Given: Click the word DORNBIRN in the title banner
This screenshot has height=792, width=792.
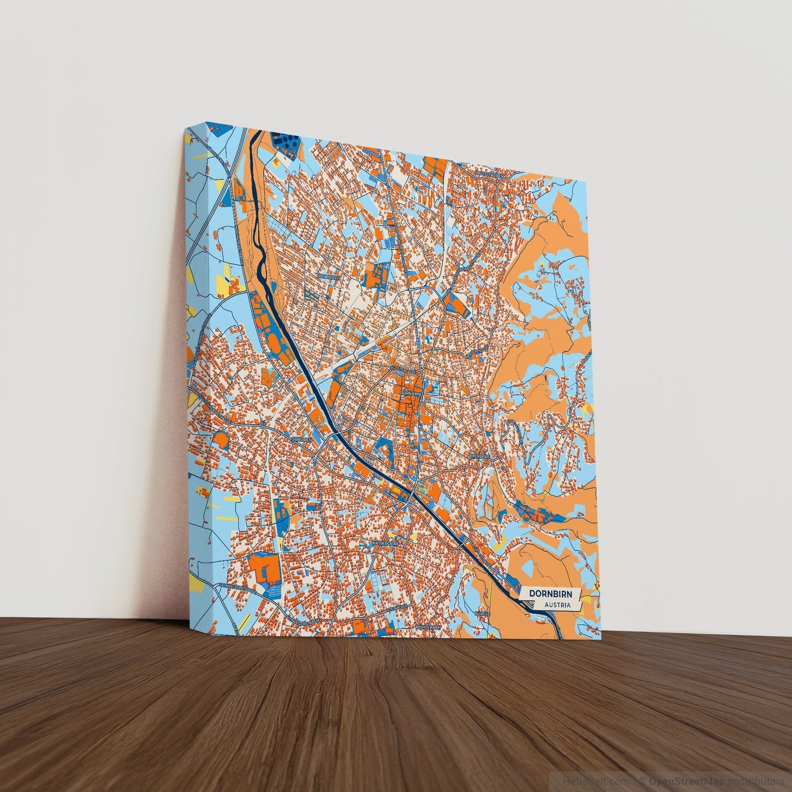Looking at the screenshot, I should pyautogui.click(x=549, y=594).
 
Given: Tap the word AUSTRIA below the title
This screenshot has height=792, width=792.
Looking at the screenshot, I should pyautogui.click(x=557, y=606).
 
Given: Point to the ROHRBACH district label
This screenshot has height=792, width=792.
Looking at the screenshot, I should pyautogui.click(x=329, y=277).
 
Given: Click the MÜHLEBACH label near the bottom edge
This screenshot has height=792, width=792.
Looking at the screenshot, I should pyautogui.click(x=429, y=626).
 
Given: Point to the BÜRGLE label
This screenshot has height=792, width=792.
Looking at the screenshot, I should pyautogui.click(x=482, y=614).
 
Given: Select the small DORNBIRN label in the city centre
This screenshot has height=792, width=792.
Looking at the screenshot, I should pyautogui.click(x=411, y=394).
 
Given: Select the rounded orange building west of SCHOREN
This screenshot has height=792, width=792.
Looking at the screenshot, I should pyautogui.click(x=220, y=440).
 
